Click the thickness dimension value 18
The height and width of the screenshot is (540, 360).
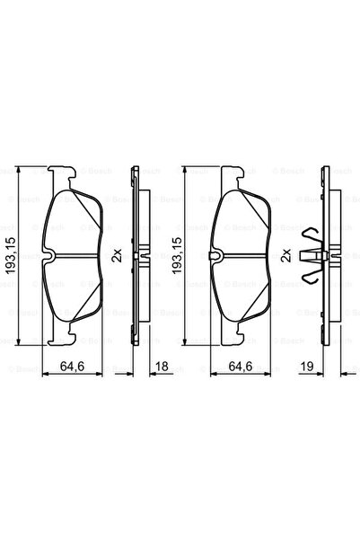162,367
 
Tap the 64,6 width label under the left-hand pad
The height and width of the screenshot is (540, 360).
74,367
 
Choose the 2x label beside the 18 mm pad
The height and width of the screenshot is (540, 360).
117,256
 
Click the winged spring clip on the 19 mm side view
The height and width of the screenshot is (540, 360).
312,256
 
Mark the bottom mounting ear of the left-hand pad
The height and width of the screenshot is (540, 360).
60,339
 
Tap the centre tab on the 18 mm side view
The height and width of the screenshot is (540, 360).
142,256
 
